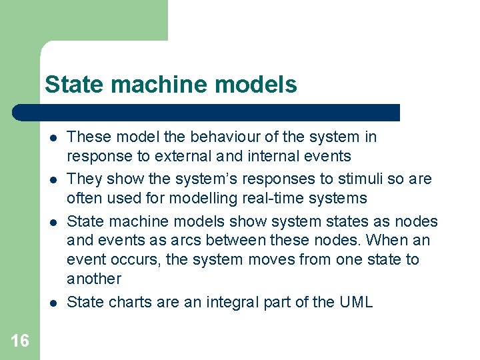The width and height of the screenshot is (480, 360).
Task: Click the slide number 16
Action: tap(20, 341)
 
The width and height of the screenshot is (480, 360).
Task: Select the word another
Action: tap(94, 279)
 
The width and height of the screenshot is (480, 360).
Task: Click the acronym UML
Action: tap(356, 302)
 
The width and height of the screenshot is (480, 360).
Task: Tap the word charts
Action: tap(129, 302)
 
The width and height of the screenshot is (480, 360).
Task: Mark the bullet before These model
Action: tap(51, 138)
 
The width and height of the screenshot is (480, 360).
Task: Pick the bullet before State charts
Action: tap(51, 303)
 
